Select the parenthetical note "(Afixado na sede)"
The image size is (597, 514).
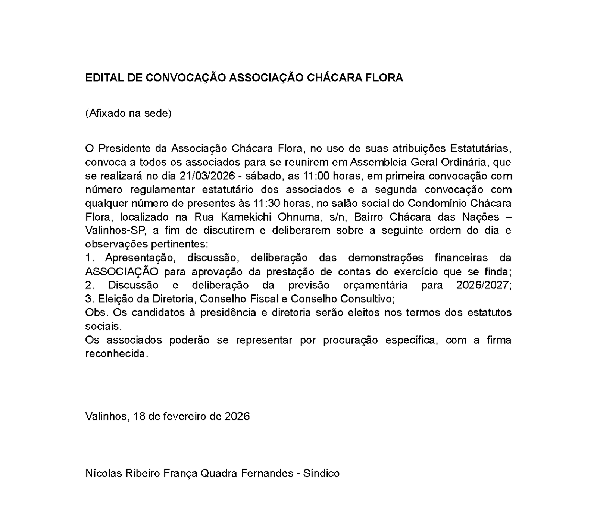[128, 113]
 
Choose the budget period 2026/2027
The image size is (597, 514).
[484, 286]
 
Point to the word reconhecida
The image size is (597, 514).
[116, 354]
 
